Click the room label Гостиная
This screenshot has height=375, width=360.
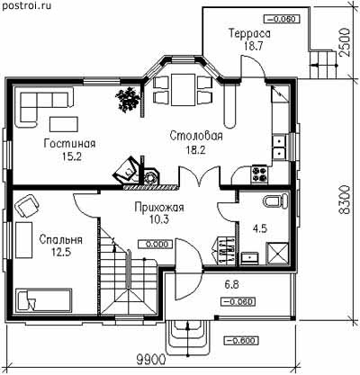point(69,144)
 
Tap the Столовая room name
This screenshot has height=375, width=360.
point(196,136)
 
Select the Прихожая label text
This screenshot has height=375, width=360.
point(159,207)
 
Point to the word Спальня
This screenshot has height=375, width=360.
point(61,240)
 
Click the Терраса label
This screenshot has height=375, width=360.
point(249,33)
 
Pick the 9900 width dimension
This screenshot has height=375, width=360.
point(150,359)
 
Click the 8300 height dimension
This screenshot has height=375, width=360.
point(345,200)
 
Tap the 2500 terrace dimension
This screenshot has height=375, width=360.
point(345,42)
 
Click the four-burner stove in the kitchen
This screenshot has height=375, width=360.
point(260,174)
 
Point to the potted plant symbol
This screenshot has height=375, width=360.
point(128,99)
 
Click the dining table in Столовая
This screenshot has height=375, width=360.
point(183,90)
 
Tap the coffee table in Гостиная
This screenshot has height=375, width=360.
point(64,124)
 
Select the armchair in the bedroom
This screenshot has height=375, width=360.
point(27,205)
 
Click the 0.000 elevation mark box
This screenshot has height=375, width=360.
point(156,244)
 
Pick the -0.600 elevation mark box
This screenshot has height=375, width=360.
point(241,341)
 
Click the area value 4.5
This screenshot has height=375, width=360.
point(260,229)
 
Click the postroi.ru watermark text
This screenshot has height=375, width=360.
point(25,5)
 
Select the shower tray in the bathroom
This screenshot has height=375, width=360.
point(278,254)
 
